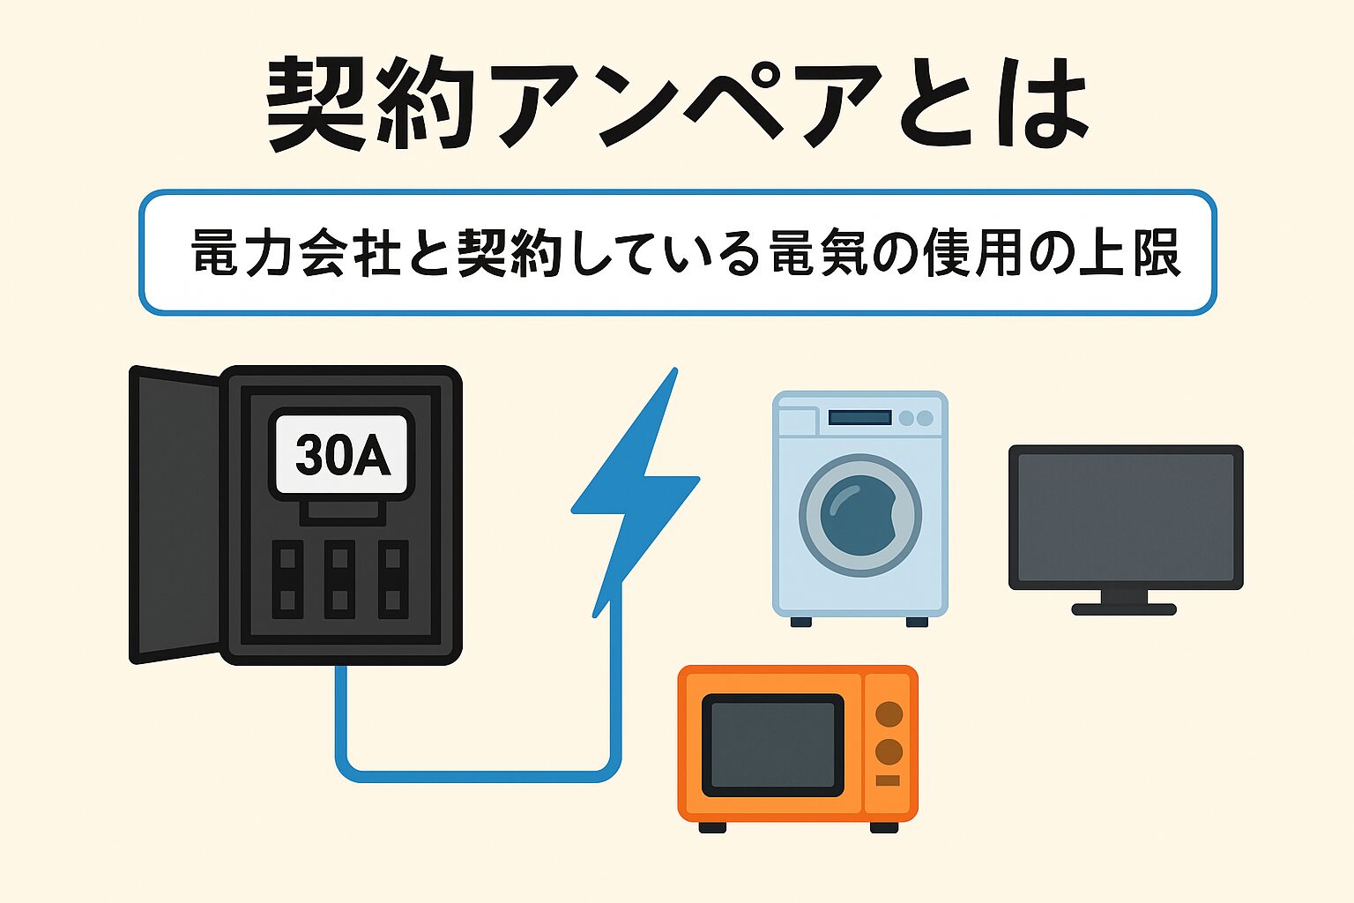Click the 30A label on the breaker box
coord(342,455)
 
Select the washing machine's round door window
coord(859,515)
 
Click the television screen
coord(1126,518)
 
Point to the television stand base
coord(1124,608)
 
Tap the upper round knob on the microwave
coord(889,713)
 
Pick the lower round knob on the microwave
coord(889,752)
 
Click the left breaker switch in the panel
coord(287,579)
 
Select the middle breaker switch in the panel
coord(339,579)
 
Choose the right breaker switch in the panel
coord(393,579)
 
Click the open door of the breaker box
coord(174,515)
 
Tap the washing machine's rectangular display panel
coord(859,417)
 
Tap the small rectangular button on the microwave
coord(888,780)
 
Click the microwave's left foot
coord(712,827)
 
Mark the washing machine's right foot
coord(917,622)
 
